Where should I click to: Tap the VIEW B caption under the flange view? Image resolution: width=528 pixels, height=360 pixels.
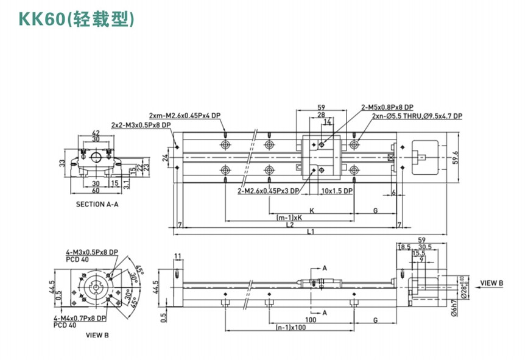(x=97, y=334)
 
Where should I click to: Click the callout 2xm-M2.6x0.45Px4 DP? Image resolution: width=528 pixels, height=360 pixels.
(x=184, y=115)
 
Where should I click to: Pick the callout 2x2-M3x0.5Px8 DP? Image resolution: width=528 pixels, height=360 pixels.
(x=141, y=125)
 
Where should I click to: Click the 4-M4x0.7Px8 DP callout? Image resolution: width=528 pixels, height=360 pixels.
(x=85, y=318)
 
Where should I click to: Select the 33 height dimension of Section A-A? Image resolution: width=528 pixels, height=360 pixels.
(x=62, y=163)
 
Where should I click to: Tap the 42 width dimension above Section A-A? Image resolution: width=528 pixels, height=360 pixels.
(x=95, y=132)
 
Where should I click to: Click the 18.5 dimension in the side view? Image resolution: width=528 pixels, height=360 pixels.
(x=404, y=247)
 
